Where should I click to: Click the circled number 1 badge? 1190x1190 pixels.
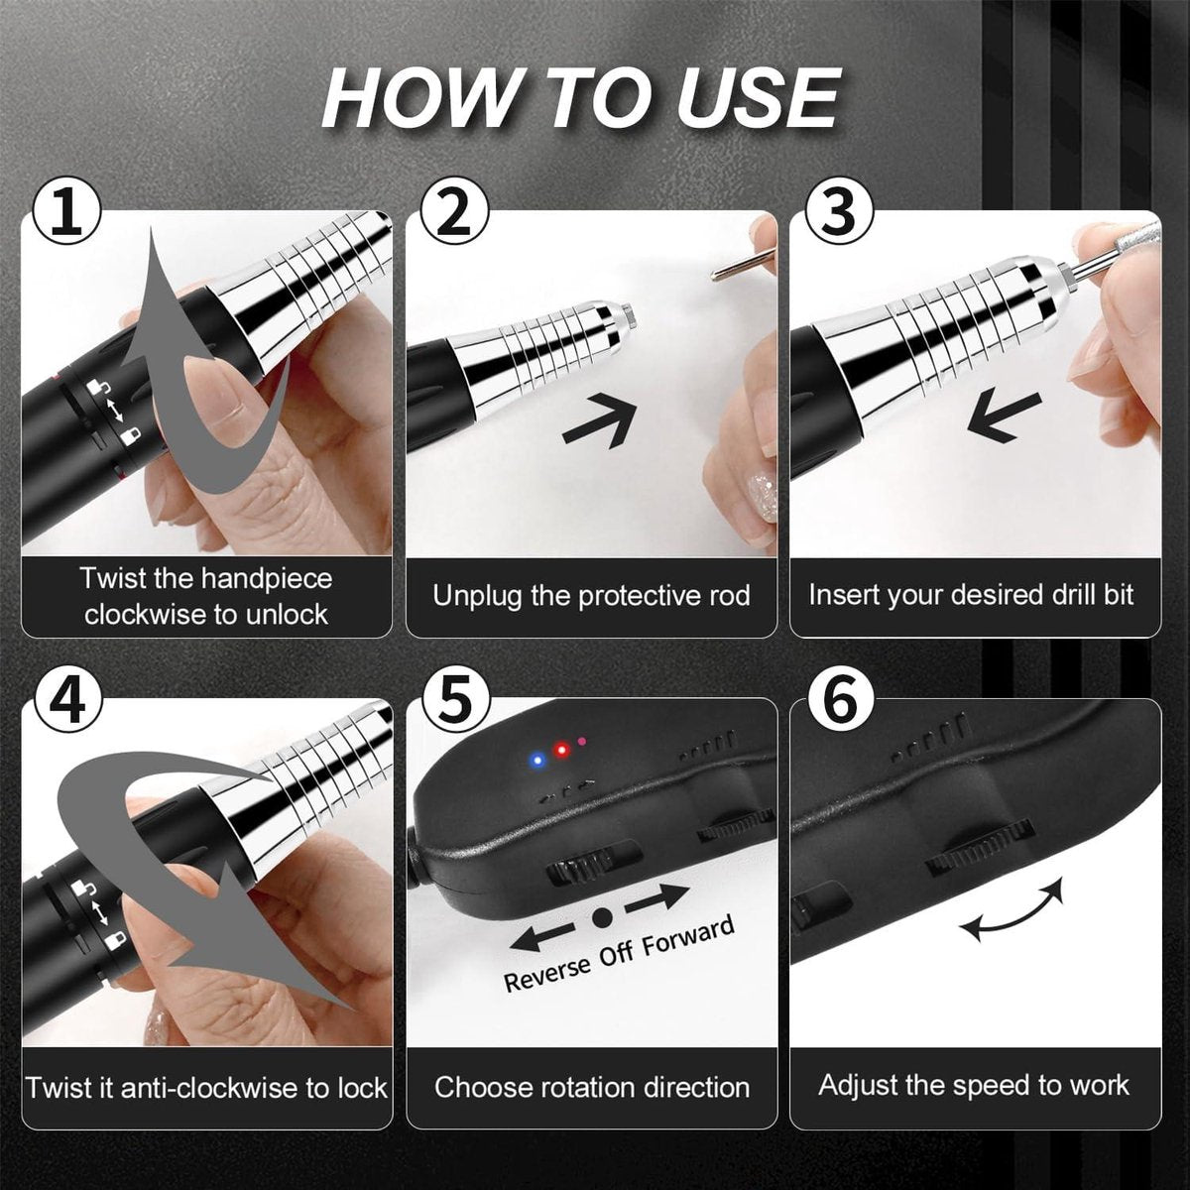tap(66, 211)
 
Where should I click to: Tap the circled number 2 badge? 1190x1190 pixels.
tap(454, 211)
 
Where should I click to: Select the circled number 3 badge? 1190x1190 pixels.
tap(839, 211)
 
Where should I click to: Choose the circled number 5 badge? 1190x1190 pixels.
tap(454, 701)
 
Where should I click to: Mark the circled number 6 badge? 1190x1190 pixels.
tap(839, 701)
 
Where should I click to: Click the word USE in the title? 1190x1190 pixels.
tap(759, 99)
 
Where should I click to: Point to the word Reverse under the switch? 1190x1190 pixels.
tap(547, 973)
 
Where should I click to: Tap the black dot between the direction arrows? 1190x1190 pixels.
tap(602, 918)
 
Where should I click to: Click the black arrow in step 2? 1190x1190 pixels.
tap(600, 421)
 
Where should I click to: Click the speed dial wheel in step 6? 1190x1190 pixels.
tap(980, 848)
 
